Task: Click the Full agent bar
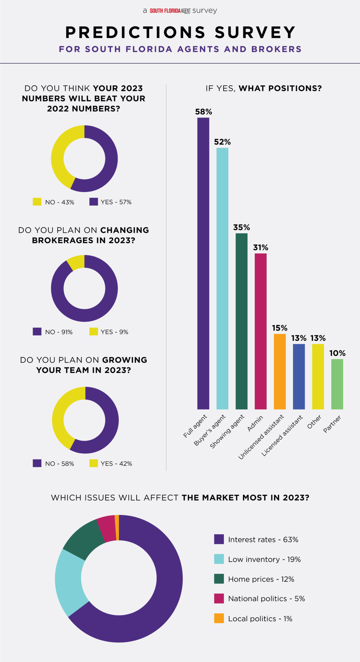tap(203, 263)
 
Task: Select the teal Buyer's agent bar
tap(222, 278)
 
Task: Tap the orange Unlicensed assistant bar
tap(280, 371)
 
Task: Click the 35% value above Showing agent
tap(241, 228)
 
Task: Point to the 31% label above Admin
tap(260, 248)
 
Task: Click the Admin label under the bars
tap(255, 423)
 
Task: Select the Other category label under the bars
tap(314, 422)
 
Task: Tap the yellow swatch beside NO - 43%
tap(37, 202)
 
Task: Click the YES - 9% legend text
tap(114, 332)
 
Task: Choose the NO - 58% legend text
tap(59, 464)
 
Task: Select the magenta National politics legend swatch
tap(219, 598)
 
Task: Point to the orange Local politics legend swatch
tap(219, 618)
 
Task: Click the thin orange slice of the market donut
tap(117, 528)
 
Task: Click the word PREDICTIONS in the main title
tap(135, 32)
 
